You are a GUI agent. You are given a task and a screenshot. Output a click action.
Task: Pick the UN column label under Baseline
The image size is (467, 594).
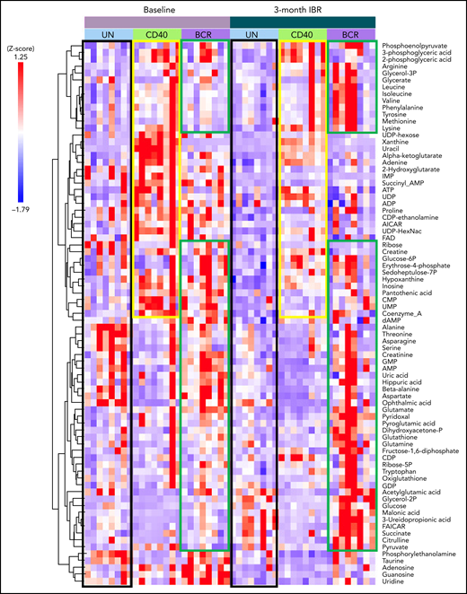107,34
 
